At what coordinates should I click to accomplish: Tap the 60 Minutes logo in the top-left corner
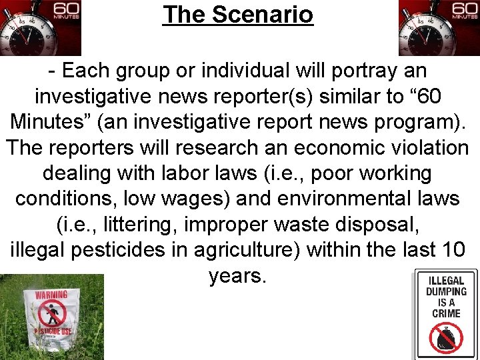(x=40, y=27)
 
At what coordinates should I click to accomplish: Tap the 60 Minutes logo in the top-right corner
(x=439, y=27)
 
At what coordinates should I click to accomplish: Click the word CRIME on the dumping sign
(x=446, y=313)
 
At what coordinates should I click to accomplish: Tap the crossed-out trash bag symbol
(x=446, y=338)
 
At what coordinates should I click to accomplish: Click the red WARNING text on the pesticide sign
(x=52, y=293)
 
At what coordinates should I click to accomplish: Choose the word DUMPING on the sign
(x=446, y=291)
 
